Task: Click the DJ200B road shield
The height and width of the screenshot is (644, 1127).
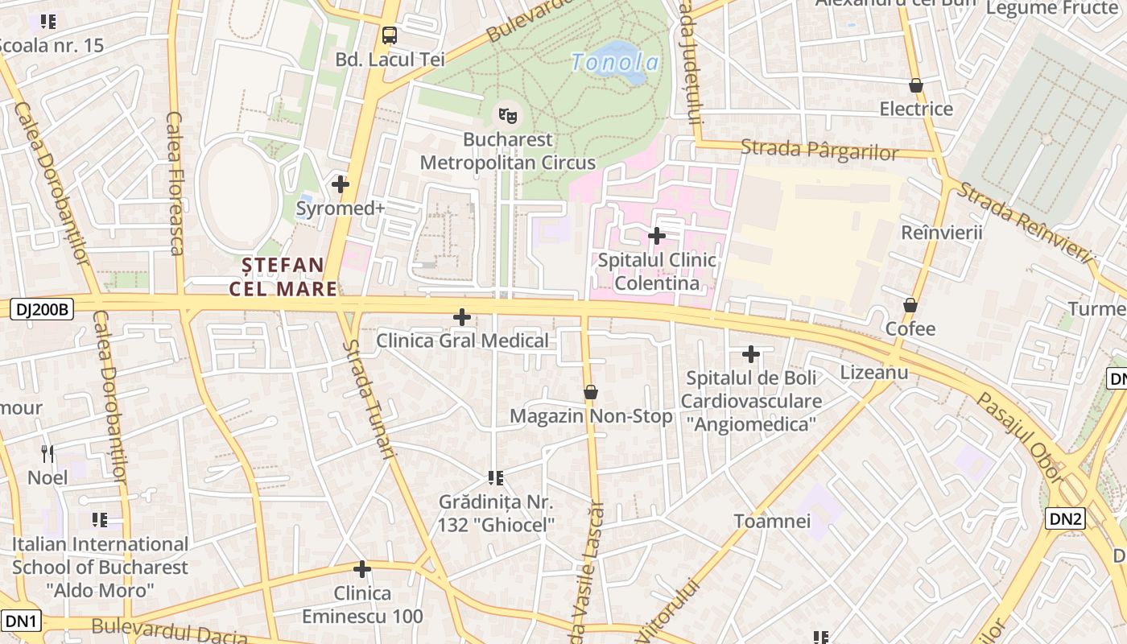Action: pyautogui.click(x=43, y=308)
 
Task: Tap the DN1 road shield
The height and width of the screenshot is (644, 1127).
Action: pyautogui.click(x=21, y=621)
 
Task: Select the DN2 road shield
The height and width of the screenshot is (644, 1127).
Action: pyautogui.click(x=1065, y=518)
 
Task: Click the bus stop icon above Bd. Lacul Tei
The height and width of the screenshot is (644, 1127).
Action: pyautogui.click(x=390, y=35)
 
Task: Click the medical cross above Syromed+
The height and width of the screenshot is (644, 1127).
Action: pyautogui.click(x=341, y=184)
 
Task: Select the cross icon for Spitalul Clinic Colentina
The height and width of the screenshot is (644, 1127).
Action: pyautogui.click(x=657, y=236)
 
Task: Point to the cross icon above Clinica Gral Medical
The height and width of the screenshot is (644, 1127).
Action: pyautogui.click(x=462, y=317)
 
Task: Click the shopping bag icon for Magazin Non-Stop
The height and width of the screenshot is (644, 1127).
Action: pyautogui.click(x=591, y=392)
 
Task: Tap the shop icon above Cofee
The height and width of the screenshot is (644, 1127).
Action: pyautogui.click(x=910, y=305)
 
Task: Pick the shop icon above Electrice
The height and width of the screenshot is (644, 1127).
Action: pyautogui.click(x=915, y=85)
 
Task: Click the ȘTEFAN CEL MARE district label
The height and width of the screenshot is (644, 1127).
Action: pyautogui.click(x=283, y=277)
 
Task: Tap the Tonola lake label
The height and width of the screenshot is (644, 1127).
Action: pyautogui.click(x=615, y=62)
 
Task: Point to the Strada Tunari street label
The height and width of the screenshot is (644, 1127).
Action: pyautogui.click(x=370, y=399)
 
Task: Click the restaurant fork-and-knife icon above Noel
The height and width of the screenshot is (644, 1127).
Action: pyautogui.click(x=48, y=454)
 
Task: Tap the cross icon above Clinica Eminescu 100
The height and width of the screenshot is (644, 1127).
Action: pyautogui.click(x=362, y=570)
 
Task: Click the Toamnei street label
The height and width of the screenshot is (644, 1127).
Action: pyautogui.click(x=772, y=521)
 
